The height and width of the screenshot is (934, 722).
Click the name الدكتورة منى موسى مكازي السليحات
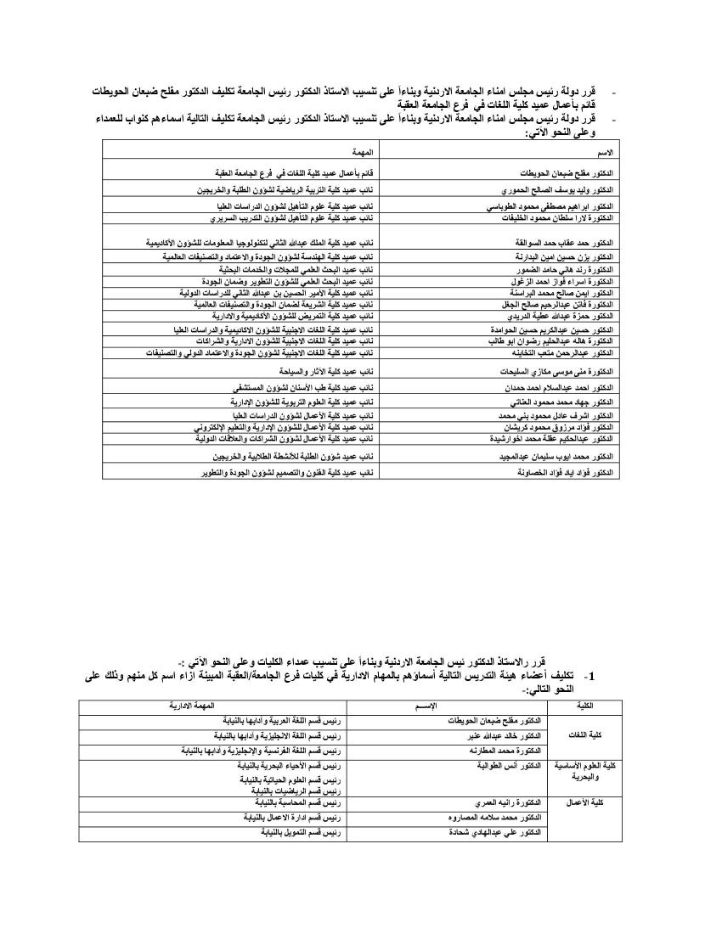tap(558, 372)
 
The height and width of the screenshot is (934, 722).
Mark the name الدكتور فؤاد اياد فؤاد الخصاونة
tap(561, 471)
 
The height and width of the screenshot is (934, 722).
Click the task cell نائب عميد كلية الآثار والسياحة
tap(328, 372)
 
